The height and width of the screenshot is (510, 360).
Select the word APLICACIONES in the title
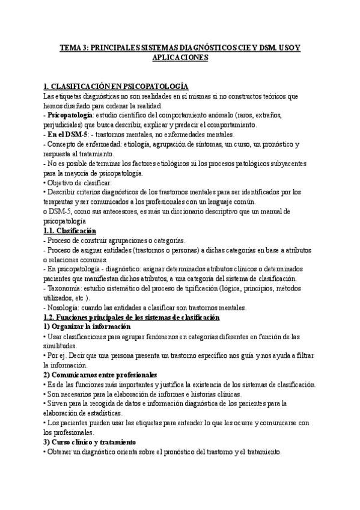[180, 58]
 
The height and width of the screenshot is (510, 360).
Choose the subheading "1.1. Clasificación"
[70, 231]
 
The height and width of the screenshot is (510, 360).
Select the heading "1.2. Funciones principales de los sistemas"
[132, 318]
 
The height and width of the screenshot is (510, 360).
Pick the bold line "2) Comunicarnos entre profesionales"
[100, 375]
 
